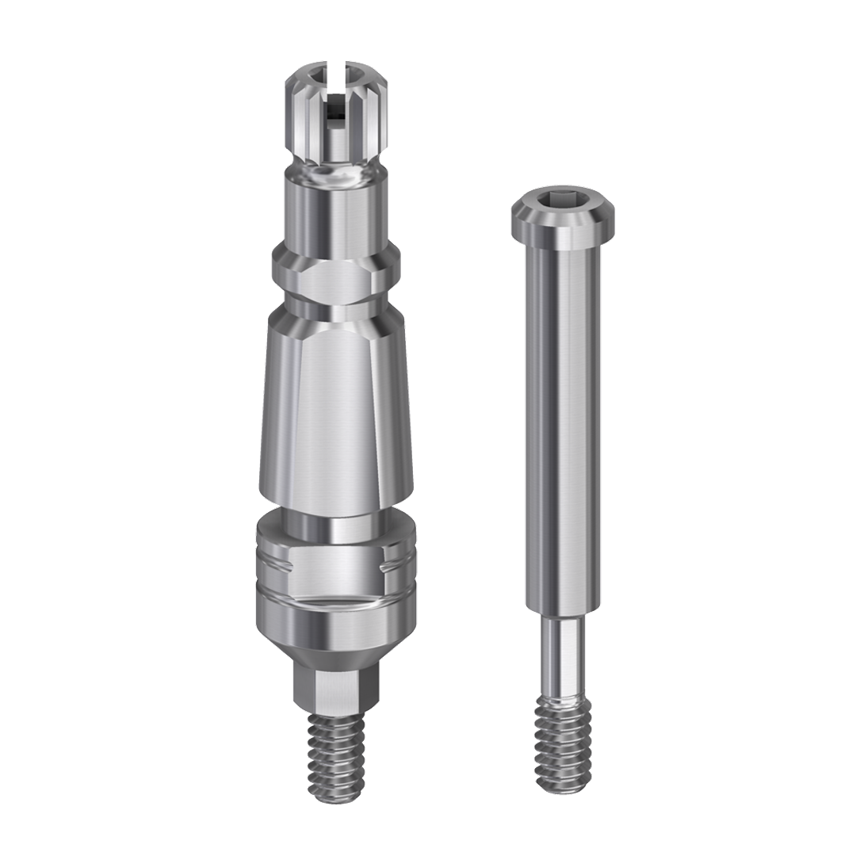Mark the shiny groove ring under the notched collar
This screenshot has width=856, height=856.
[336, 602]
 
